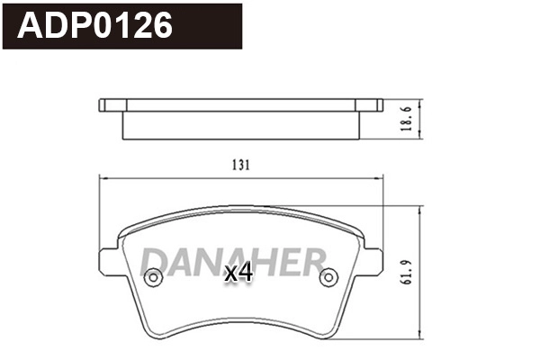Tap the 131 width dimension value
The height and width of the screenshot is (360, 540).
239,166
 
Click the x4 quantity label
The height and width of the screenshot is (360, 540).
238,273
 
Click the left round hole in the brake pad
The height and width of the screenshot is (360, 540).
154,278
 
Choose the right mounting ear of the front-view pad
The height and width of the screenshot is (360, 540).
372,261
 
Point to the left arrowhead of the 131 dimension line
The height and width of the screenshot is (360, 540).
102,178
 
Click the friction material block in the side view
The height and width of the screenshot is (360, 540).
240,125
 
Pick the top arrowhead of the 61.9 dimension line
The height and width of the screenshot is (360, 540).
420,209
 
